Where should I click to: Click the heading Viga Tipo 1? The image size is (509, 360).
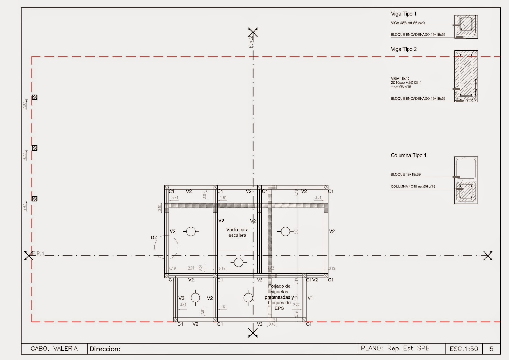pos(403,14)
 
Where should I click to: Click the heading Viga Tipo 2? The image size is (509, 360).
pos(403,49)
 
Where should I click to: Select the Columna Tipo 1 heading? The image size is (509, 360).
pos(408,155)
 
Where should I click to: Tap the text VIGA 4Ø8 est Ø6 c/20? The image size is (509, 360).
pos(408,23)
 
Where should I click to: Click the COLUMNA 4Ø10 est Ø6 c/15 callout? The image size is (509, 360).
pos(413,187)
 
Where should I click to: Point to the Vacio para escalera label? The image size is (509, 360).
pos(237,232)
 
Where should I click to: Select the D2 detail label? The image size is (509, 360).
pos(154,237)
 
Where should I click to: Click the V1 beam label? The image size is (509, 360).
pos(310,298)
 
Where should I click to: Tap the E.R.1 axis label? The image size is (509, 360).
pos(38,253)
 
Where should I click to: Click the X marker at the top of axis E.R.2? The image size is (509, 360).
pos(253,32)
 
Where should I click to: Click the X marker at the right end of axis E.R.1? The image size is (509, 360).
pos(488,256)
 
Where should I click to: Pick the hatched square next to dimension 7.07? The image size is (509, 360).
pos(35,97)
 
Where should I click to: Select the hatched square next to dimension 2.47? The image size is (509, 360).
pos(35,199)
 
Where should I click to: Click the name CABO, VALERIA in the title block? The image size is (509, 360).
pos(54,349)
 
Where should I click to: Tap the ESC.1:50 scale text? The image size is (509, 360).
pos(464,349)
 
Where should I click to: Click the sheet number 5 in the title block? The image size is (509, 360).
pos(491,349)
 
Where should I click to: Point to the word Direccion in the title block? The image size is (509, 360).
pos(105,349)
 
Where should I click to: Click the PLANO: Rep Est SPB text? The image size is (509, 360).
pos(395,348)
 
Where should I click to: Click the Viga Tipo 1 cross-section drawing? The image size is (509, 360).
pos(466,27)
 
